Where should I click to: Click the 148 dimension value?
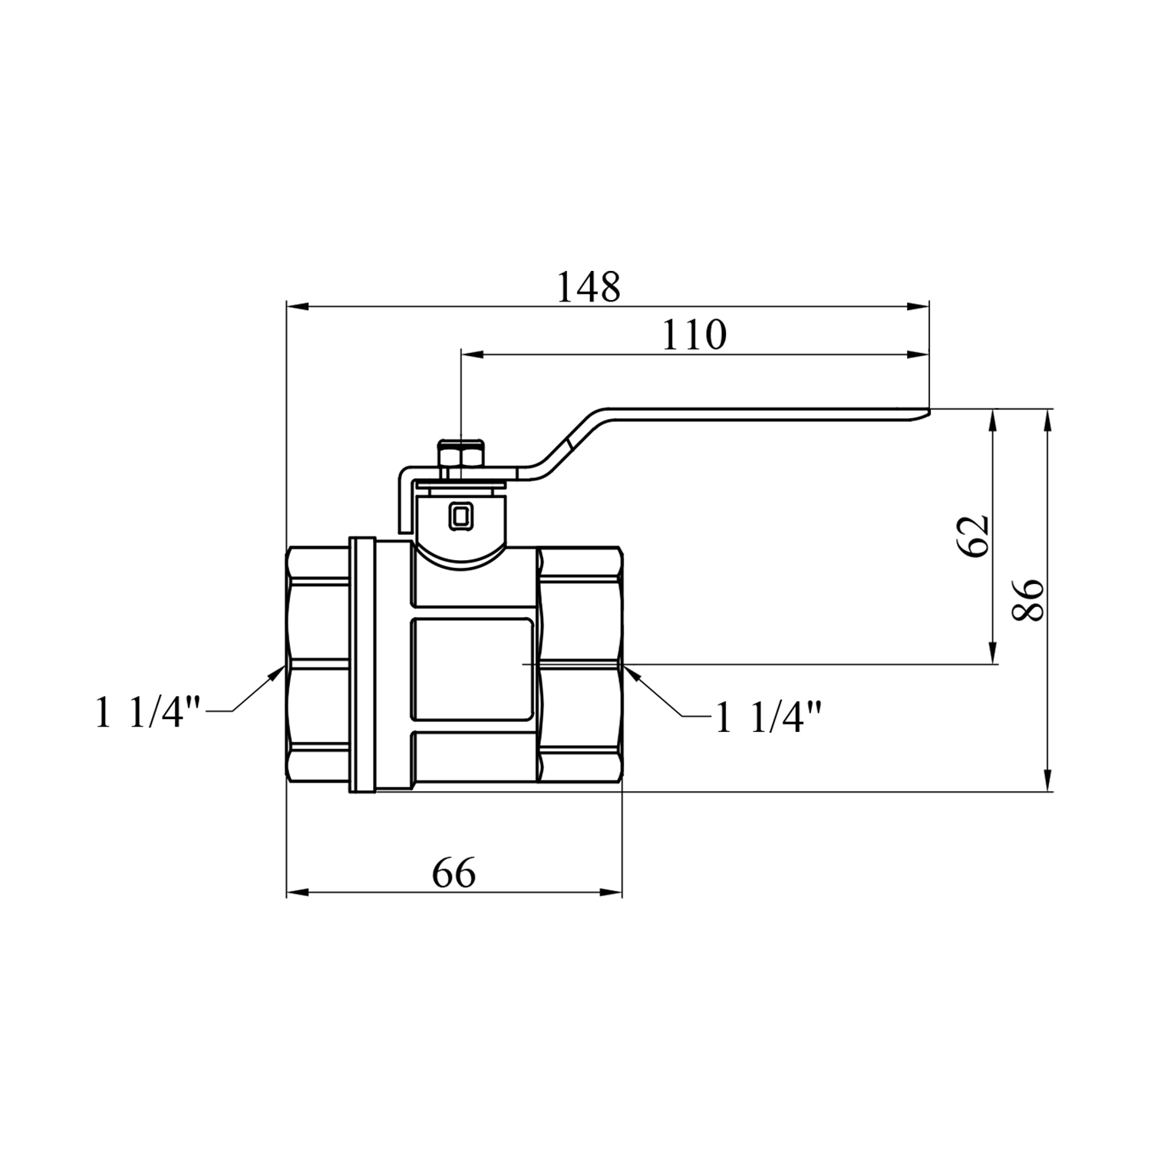click(x=588, y=288)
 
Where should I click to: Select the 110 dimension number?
click(x=694, y=335)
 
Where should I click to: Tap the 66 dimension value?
click(x=454, y=873)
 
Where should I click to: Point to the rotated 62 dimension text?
click(x=973, y=536)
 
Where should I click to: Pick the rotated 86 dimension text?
click(x=1028, y=599)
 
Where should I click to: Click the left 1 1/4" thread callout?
click(x=149, y=713)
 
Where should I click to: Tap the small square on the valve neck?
click(x=460, y=516)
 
